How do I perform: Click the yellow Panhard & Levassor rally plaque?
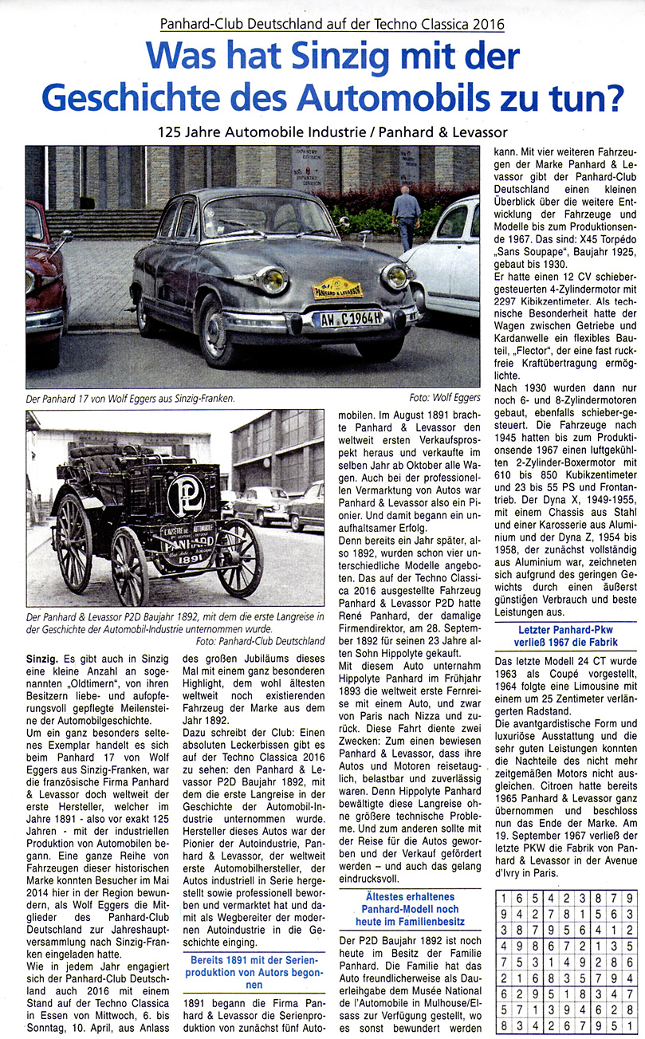(x=336, y=288)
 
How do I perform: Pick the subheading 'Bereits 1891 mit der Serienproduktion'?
(x=253, y=974)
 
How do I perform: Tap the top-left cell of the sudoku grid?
(x=505, y=896)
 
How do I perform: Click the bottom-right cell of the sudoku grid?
(x=629, y=1025)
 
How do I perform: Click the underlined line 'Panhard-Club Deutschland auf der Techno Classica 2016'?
(x=332, y=24)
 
